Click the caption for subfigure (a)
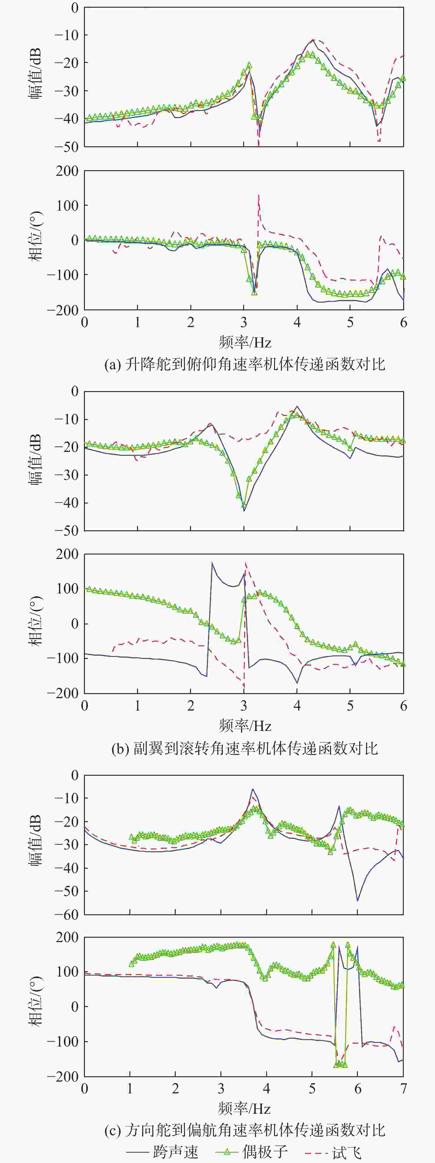click(245, 364)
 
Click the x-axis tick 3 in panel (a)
click(244, 322)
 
